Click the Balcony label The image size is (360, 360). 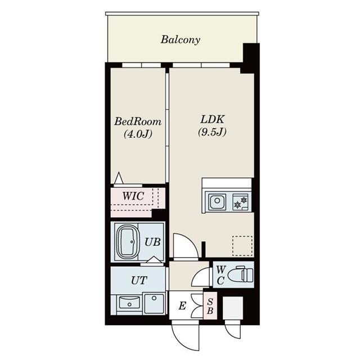(x=180, y=40)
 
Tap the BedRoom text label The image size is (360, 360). (x=138, y=121)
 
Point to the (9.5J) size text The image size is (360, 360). (x=212, y=133)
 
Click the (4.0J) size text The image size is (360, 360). (x=138, y=134)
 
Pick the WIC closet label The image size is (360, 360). (x=133, y=196)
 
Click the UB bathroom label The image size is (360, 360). (x=152, y=242)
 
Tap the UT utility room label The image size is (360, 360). (x=139, y=280)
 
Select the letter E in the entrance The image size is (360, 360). (x=182, y=307)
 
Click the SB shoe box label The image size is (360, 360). (x=210, y=307)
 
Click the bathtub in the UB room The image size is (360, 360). (x=128, y=241)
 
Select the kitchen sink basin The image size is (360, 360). (x=217, y=201)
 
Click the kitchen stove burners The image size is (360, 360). (x=240, y=201)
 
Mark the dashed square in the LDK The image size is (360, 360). (x=242, y=245)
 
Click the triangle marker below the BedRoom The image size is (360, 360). (x=118, y=179)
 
